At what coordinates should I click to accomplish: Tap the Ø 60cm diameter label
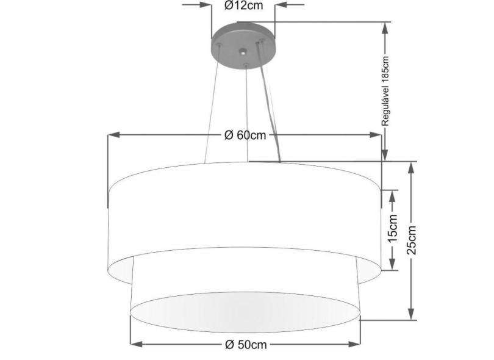click(245, 135)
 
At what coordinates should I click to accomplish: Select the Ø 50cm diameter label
click(245, 345)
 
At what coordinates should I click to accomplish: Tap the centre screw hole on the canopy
click(243, 52)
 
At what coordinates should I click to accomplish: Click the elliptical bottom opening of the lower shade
click(244, 311)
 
